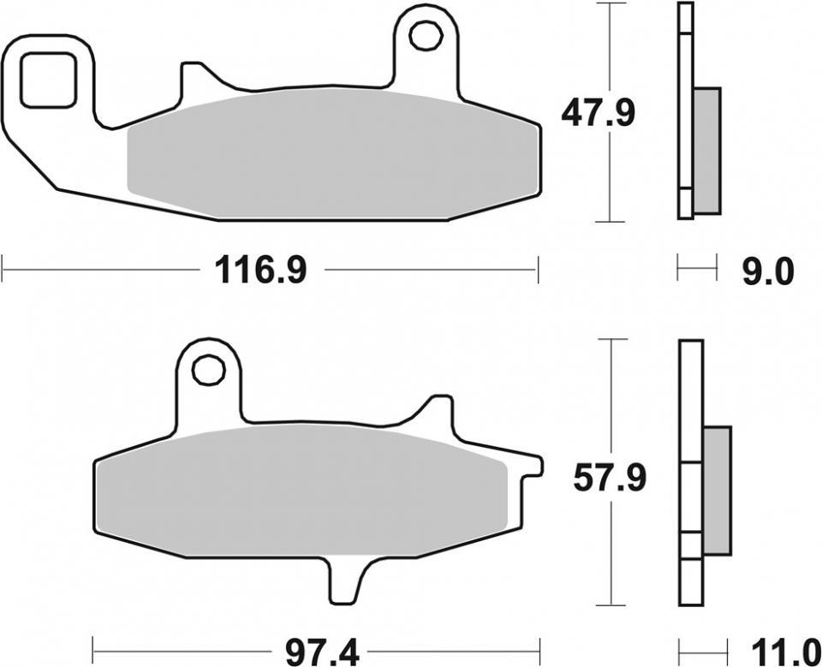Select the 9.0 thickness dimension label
click(766, 272)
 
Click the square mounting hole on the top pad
click(48, 79)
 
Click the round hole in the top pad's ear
click(423, 36)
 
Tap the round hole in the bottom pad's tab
click(206, 371)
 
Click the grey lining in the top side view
click(706, 150)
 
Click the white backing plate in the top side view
click(684, 111)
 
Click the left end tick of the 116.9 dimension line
click(3, 271)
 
